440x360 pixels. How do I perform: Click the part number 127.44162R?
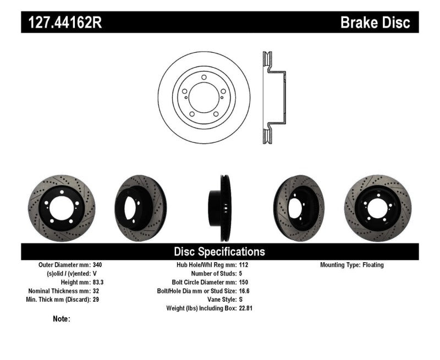[61, 23]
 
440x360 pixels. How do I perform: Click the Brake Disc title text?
[375, 23]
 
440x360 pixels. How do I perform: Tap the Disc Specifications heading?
[219, 252]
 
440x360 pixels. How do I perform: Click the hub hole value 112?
[244, 265]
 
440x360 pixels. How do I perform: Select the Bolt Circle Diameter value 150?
[244, 282]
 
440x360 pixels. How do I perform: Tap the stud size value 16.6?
[245, 291]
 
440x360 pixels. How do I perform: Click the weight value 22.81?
[247, 308]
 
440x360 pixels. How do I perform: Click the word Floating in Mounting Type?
[373, 265]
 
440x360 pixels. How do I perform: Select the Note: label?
[62, 318]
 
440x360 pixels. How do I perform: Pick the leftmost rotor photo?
[61, 208]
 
